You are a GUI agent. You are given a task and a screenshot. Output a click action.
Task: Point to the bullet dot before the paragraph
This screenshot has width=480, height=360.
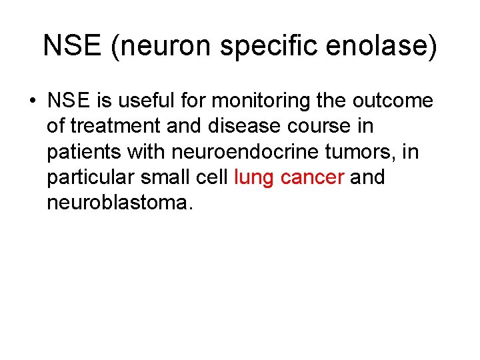(32, 102)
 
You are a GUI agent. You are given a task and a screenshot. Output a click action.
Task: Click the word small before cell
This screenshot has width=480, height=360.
(169, 177)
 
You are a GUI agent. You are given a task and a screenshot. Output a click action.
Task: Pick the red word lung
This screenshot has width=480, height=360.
(254, 178)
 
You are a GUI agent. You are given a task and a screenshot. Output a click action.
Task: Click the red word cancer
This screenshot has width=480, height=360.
(312, 178)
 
